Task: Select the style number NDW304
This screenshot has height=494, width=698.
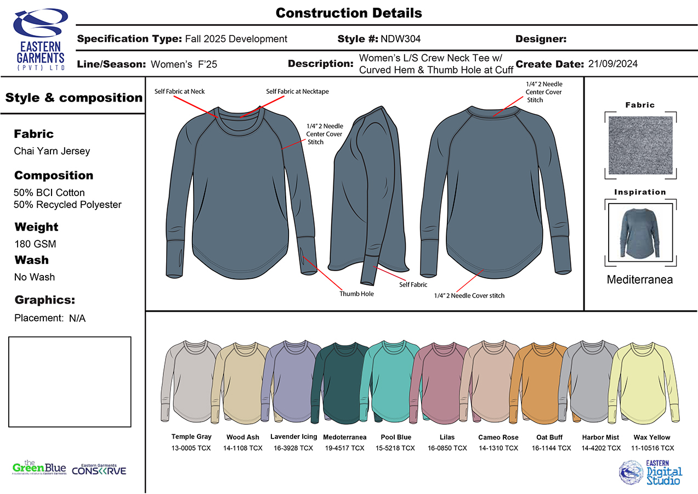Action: [400, 39]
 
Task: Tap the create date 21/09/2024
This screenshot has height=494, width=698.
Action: [612, 64]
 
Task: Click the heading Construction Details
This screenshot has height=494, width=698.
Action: [349, 13]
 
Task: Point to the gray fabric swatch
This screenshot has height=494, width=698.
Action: [640, 145]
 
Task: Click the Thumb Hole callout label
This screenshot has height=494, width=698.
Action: [356, 294]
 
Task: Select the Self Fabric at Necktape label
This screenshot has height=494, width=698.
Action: [297, 92]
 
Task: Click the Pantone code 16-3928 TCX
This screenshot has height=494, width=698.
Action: [293, 448]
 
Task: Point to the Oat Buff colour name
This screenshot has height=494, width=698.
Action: [549, 437]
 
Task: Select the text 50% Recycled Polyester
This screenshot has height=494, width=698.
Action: [67, 205]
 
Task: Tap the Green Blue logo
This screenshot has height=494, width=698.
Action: [39, 468]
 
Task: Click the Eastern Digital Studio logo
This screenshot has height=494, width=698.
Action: [651, 472]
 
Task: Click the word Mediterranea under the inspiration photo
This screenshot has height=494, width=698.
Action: [639, 280]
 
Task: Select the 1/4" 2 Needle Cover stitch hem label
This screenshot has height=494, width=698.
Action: [469, 296]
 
